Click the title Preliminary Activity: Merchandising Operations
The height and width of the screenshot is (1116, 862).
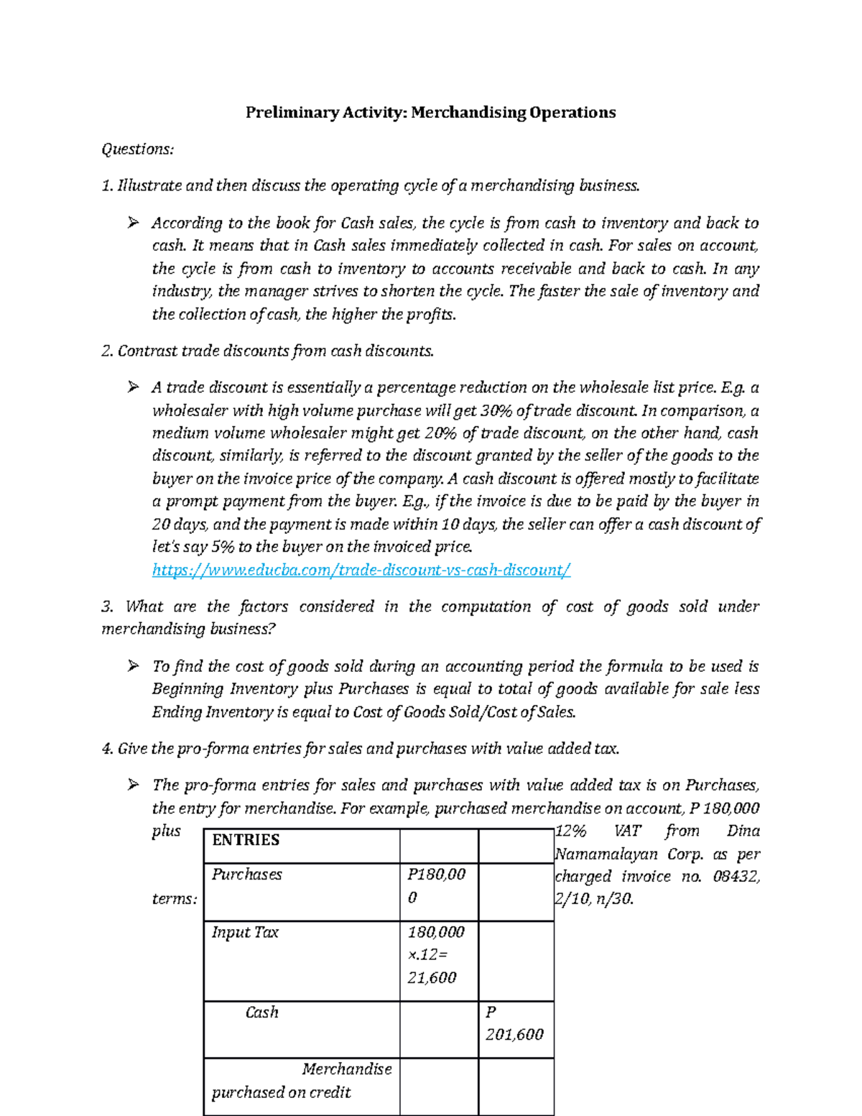pyautogui.click(x=430, y=112)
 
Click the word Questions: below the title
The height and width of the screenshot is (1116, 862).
pyautogui.click(x=137, y=149)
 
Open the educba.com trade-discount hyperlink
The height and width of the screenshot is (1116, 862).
pyautogui.click(x=361, y=570)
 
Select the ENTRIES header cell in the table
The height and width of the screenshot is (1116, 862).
pyautogui.click(x=246, y=840)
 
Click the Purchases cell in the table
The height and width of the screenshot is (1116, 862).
pyautogui.click(x=246, y=875)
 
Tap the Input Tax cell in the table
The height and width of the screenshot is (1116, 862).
pyautogui.click(x=245, y=932)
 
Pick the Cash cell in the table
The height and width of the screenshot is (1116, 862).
pyautogui.click(x=261, y=1012)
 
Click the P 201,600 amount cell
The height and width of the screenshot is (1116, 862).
pyautogui.click(x=514, y=1023)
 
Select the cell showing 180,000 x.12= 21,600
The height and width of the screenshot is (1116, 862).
pyautogui.click(x=436, y=955)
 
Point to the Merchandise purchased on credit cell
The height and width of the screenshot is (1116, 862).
pyautogui.click(x=301, y=1081)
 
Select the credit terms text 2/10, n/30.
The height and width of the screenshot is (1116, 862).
pyautogui.click(x=594, y=899)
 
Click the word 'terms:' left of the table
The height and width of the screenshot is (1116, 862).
pyautogui.click(x=175, y=899)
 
